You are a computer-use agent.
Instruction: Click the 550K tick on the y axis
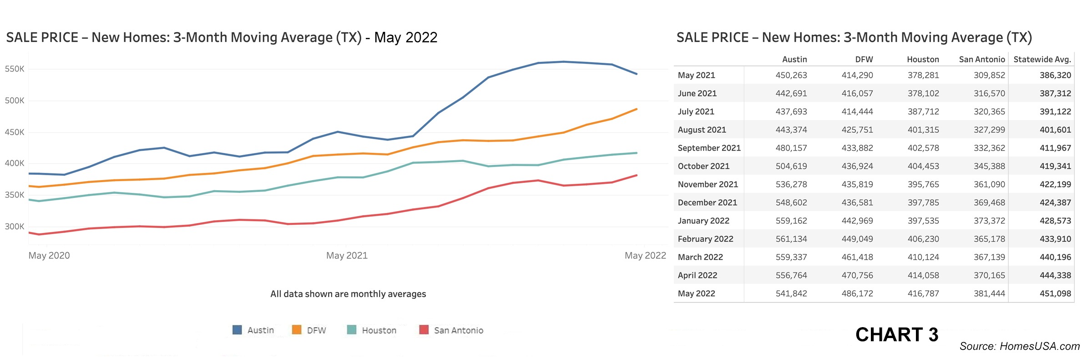15,69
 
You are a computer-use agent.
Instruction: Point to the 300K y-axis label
15,227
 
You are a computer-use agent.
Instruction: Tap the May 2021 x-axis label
347,256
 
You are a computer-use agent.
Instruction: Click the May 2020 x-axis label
49,256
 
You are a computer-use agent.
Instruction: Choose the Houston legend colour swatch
352,330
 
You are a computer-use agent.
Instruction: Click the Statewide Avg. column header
1042,60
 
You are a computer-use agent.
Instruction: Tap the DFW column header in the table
864,60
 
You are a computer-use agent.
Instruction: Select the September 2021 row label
709,148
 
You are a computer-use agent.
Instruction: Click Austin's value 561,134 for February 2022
791,239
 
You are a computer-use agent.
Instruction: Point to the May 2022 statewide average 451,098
1055,293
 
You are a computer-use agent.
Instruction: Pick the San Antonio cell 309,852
989,75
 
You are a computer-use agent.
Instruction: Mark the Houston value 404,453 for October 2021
923,166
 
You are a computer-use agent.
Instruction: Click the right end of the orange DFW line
636,109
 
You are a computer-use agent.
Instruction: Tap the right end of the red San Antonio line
636,175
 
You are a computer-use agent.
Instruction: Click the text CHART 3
896,335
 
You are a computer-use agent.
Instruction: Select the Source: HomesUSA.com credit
1019,346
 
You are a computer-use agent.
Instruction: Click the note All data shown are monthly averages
348,294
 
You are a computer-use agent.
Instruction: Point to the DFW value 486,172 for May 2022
857,293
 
